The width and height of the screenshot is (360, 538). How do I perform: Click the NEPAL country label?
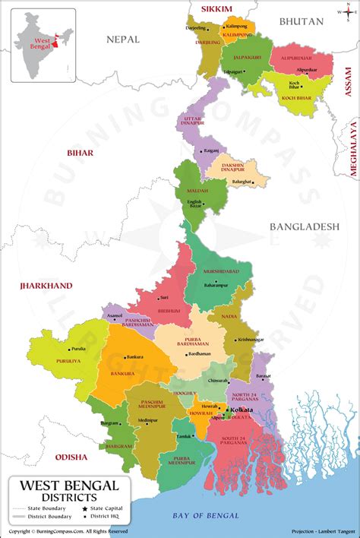(x=125, y=38)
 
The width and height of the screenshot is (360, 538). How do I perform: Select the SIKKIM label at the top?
(x=216, y=9)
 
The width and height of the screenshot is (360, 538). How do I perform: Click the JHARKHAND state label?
(x=47, y=286)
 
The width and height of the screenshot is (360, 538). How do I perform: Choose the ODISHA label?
(x=71, y=457)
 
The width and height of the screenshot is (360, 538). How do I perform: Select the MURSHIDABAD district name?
(x=221, y=271)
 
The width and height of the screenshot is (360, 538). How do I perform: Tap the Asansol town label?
(x=115, y=315)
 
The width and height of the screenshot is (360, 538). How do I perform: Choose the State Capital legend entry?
(x=106, y=508)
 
